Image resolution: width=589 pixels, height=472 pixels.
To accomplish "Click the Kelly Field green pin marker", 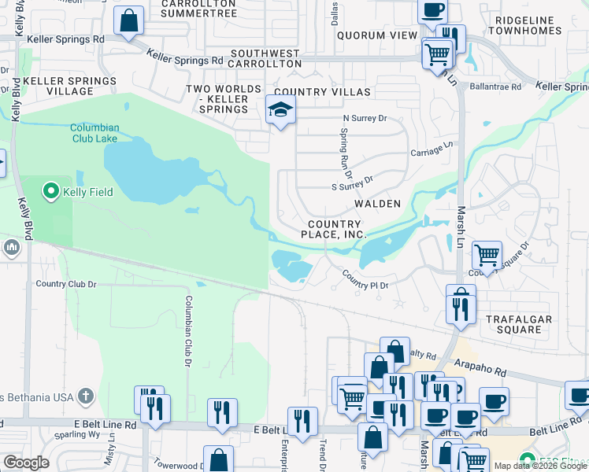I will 51,191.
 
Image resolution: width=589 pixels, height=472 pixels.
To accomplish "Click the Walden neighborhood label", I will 378,204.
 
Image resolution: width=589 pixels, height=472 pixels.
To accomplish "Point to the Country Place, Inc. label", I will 335,229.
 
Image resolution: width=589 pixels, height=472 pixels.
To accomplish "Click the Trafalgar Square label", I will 518,324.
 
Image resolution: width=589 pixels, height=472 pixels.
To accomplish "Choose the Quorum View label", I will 377,35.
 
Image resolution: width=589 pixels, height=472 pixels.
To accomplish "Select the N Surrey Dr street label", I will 365,118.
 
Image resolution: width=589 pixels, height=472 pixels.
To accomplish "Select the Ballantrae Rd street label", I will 495,87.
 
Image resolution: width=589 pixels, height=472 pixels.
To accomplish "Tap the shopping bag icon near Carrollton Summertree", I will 128,20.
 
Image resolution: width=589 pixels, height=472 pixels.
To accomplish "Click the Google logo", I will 26,463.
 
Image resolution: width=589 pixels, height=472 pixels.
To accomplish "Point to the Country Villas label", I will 323,92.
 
